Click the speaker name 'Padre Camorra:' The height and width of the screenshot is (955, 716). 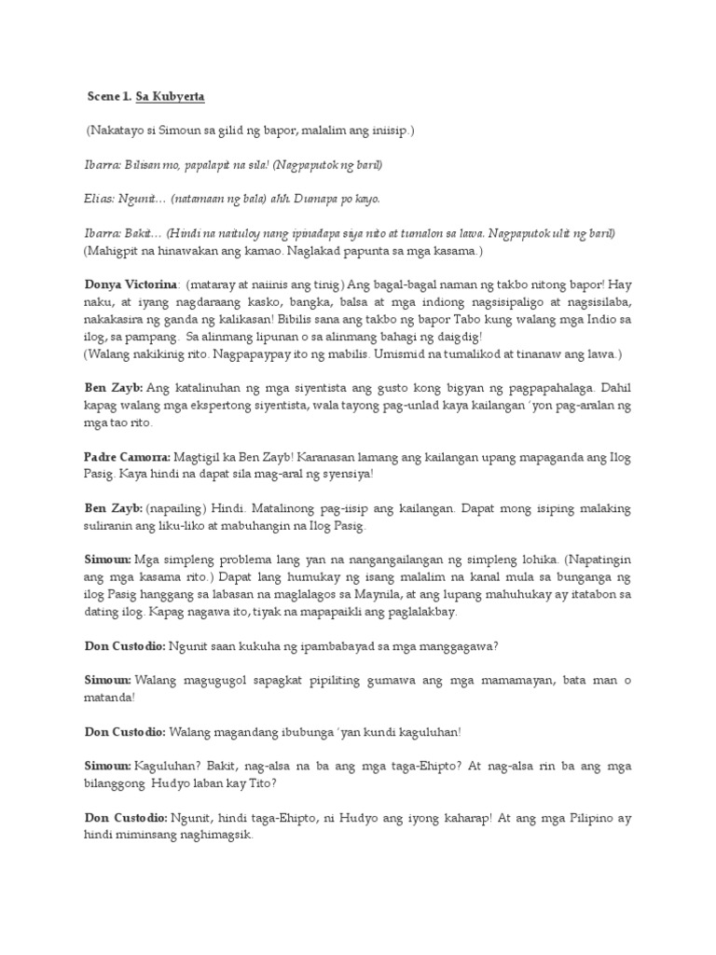click(126, 458)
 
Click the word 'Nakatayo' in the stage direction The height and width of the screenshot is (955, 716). click(118, 131)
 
